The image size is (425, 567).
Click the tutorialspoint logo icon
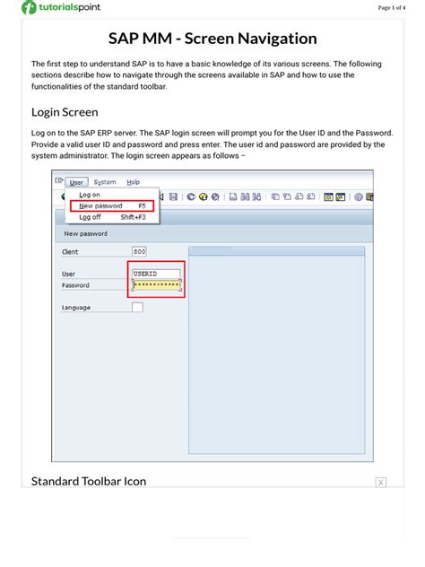tap(30, 8)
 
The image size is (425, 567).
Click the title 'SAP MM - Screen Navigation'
tap(212, 39)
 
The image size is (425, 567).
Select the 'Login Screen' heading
tap(65, 112)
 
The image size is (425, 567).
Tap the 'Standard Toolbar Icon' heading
tap(89, 482)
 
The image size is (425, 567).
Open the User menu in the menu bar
tap(76, 182)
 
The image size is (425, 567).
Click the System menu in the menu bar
tap(104, 182)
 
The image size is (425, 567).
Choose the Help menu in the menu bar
tap(133, 182)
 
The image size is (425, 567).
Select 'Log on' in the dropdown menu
tap(90, 195)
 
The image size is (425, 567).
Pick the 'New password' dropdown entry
tap(101, 205)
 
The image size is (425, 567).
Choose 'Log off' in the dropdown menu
tap(90, 217)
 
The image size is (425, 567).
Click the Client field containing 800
tap(139, 252)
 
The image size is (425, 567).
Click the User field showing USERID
tap(156, 274)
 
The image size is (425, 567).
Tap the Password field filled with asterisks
tap(157, 285)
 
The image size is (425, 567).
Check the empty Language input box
tap(137, 308)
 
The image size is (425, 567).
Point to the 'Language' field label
tap(76, 308)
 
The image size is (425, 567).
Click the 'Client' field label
tap(70, 252)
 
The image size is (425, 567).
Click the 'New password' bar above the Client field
tap(86, 234)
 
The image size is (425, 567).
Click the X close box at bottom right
tap(380, 483)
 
